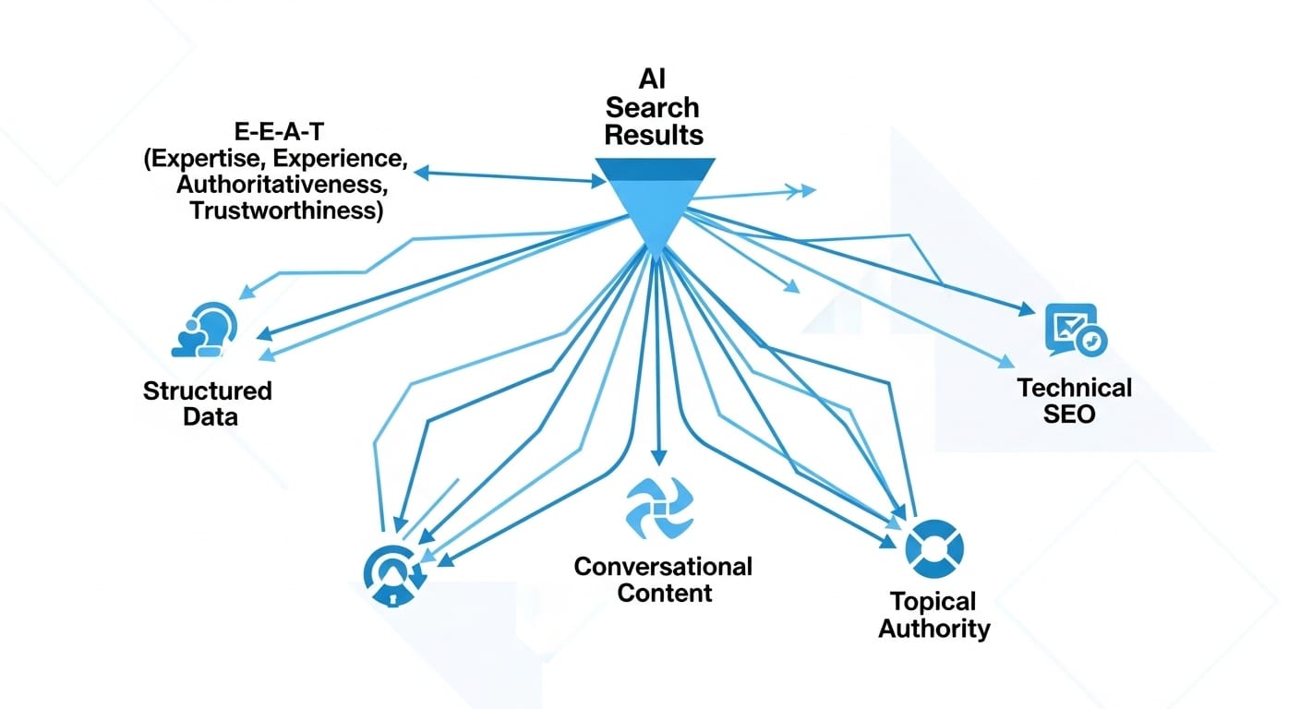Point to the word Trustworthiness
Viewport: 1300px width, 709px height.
(x=286, y=210)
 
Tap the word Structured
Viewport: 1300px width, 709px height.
(x=208, y=390)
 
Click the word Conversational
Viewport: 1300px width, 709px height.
(x=663, y=565)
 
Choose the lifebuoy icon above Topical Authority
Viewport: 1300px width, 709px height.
(x=934, y=547)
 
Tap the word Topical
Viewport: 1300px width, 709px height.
(x=933, y=602)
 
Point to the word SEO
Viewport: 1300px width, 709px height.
(x=1069, y=414)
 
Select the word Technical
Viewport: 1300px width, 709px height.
(x=1074, y=387)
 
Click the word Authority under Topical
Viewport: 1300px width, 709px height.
(x=933, y=630)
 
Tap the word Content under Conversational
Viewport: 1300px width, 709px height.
(x=664, y=592)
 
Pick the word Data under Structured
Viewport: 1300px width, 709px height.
(x=210, y=416)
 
